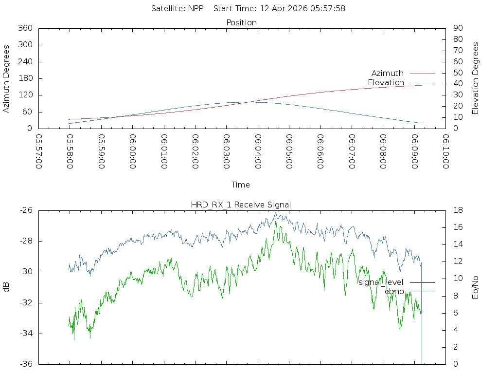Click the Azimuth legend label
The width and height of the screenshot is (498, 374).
click(387, 74)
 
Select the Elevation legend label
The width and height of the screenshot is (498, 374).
click(386, 83)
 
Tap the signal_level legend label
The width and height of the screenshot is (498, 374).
click(381, 282)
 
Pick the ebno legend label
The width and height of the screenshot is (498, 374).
click(394, 292)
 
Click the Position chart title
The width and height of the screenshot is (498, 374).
click(241, 23)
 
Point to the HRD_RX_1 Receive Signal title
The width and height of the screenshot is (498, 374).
click(241, 205)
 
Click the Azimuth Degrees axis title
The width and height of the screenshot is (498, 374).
click(6, 79)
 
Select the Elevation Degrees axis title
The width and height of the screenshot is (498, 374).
click(475, 78)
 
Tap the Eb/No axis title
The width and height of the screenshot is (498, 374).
click(475, 287)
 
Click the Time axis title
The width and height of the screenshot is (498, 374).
click(240, 185)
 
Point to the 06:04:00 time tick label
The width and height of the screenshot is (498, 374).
click(258, 151)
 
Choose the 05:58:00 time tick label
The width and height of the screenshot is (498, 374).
click(70, 151)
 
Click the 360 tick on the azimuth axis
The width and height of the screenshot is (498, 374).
click(25, 28)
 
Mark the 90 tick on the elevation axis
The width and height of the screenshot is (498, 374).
click(458, 28)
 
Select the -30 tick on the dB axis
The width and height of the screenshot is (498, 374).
click(26, 272)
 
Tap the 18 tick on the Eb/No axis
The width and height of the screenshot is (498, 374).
click(458, 210)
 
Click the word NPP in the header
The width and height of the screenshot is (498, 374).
click(196, 9)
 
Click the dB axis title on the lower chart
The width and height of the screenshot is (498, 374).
click(6, 287)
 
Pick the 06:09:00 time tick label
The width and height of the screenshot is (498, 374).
click(414, 151)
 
